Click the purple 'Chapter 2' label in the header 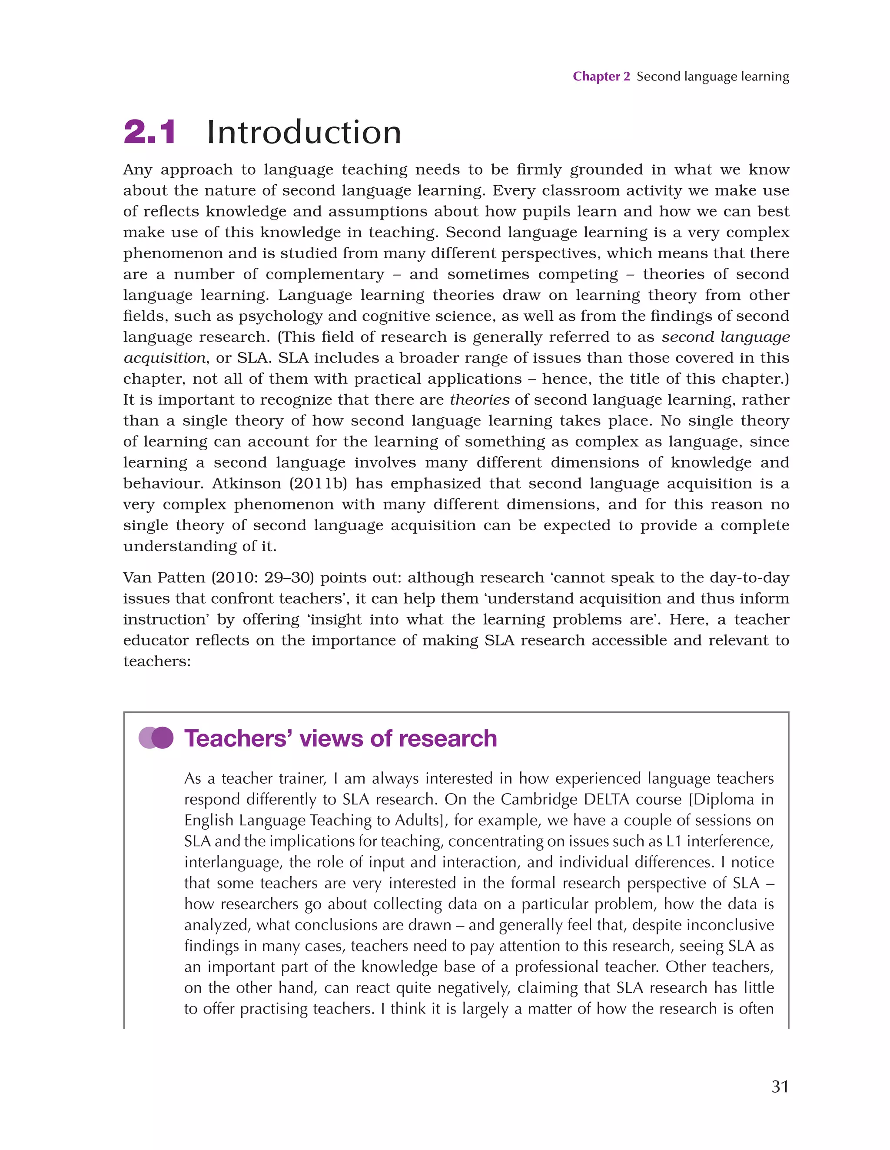[x=601, y=77]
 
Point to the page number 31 [x=780, y=1086]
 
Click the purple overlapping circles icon [x=156, y=738]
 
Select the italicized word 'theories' [x=479, y=400]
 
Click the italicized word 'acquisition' [x=164, y=358]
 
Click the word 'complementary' [x=325, y=274]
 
